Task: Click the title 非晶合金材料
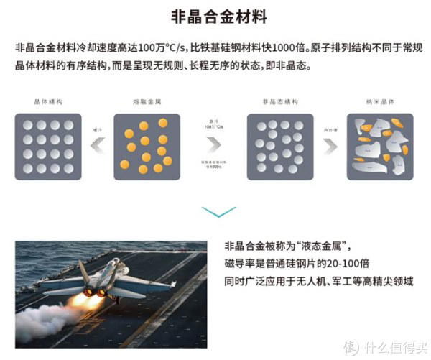pos(215,17)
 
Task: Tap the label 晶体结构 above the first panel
pos(48,103)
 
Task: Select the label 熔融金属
pos(147,103)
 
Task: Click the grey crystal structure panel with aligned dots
pos(49,147)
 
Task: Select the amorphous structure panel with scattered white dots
pos(279,147)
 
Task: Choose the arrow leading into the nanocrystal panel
pos(329,147)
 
